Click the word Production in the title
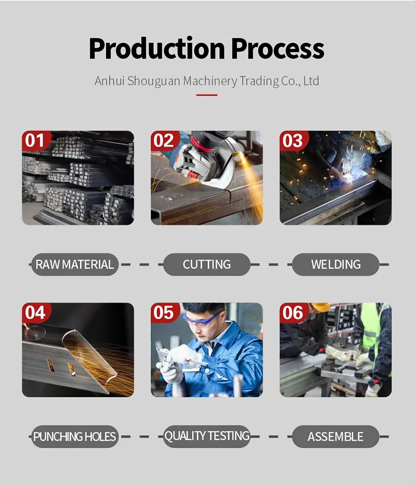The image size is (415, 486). [157, 49]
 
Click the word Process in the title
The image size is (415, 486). [278, 49]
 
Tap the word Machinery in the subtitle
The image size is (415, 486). [210, 81]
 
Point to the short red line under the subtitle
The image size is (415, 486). [207, 95]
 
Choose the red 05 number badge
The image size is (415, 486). [165, 312]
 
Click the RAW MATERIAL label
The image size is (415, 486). [75, 264]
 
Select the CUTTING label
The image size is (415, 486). [206, 264]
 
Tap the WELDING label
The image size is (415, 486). [336, 264]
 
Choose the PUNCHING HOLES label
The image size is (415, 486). [75, 436]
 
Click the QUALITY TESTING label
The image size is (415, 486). [206, 436]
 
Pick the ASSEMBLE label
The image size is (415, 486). [336, 436]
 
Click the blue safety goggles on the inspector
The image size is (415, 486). [201, 320]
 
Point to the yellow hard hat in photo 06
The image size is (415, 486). [320, 307]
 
